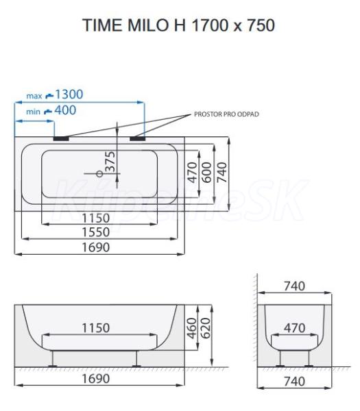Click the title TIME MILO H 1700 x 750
pyautogui.click(x=179, y=25)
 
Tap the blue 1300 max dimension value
pyautogui.click(x=69, y=95)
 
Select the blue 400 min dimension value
pyautogui.click(x=65, y=110)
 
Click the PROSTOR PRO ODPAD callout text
pyautogui.click(x=226, y=114)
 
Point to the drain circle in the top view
pyautogui.click(x=99, y=174)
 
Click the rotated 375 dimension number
pyautogui.click(x=110, y=162)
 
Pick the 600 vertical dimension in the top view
pyautogui.click(x=207, y=172)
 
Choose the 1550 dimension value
pyautogui.click(x=96, y=232)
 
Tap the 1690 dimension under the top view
pyautogui.click(x=96, y=247)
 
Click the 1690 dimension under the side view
pyautogui.click(x=96, y=379)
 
